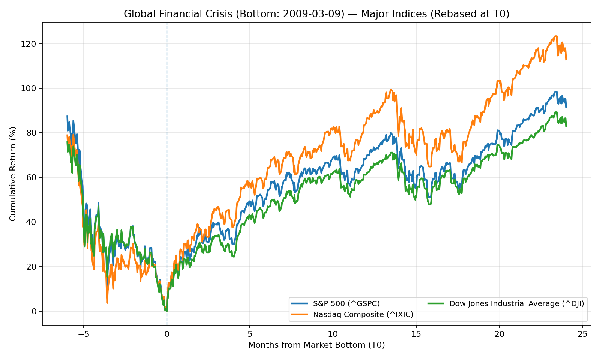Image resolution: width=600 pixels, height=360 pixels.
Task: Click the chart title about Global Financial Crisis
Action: (x=316, y=14)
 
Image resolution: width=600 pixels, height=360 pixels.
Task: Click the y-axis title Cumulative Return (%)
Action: (x=13, y=174)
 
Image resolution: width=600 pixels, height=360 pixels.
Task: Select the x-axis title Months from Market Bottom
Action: (x=316, y=345)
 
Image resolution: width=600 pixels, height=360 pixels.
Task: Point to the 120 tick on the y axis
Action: (x=31, y=44)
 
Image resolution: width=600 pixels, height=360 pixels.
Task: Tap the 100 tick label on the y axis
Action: (x=31, y=88)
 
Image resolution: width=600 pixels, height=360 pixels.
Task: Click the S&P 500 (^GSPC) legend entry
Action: (x=346, y=303)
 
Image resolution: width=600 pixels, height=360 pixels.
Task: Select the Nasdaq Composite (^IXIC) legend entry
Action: (x=363, y=314)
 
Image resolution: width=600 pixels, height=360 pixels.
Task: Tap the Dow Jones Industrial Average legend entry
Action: (x=516, y=303)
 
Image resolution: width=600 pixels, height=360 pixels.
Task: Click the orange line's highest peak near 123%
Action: (x=555, y=36)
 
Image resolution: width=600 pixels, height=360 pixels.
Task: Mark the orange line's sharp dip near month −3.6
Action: (x=107, y=303)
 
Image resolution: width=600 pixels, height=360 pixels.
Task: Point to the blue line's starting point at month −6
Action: (x=67, y=116)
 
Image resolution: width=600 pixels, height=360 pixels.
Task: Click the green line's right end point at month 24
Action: (x=566, y=126)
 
